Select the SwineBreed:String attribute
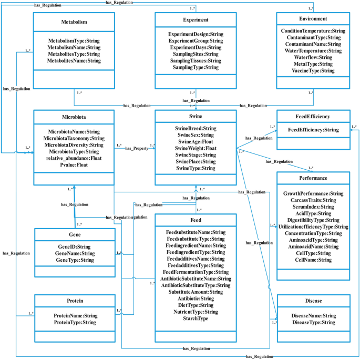[x=195, y=128]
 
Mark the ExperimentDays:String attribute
[x=195, y=47]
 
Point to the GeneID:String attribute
[x=74, y=246]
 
